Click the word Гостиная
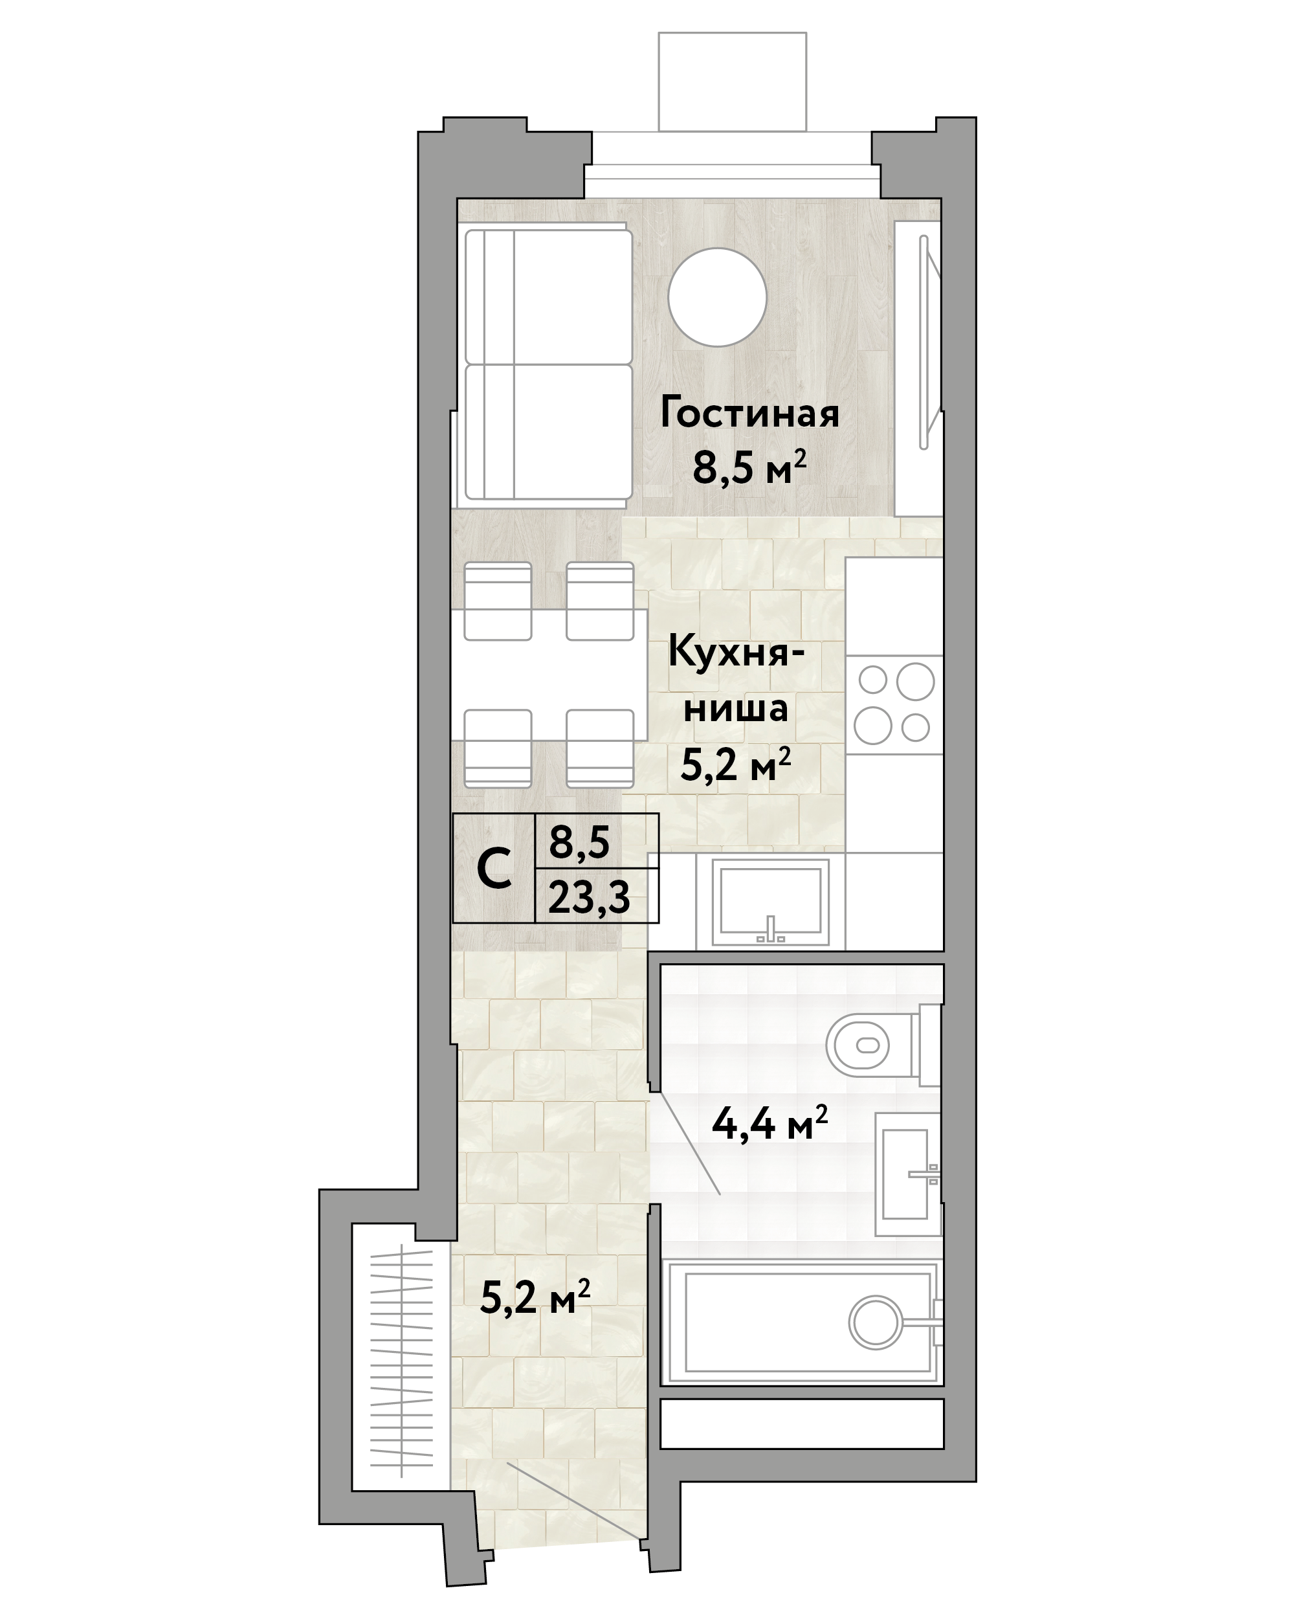(749, 414)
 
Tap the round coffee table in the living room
(717, 297)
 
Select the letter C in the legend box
(494, 870)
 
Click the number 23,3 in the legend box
(588, 897)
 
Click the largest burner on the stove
(915, 682)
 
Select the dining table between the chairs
(549, 675)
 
